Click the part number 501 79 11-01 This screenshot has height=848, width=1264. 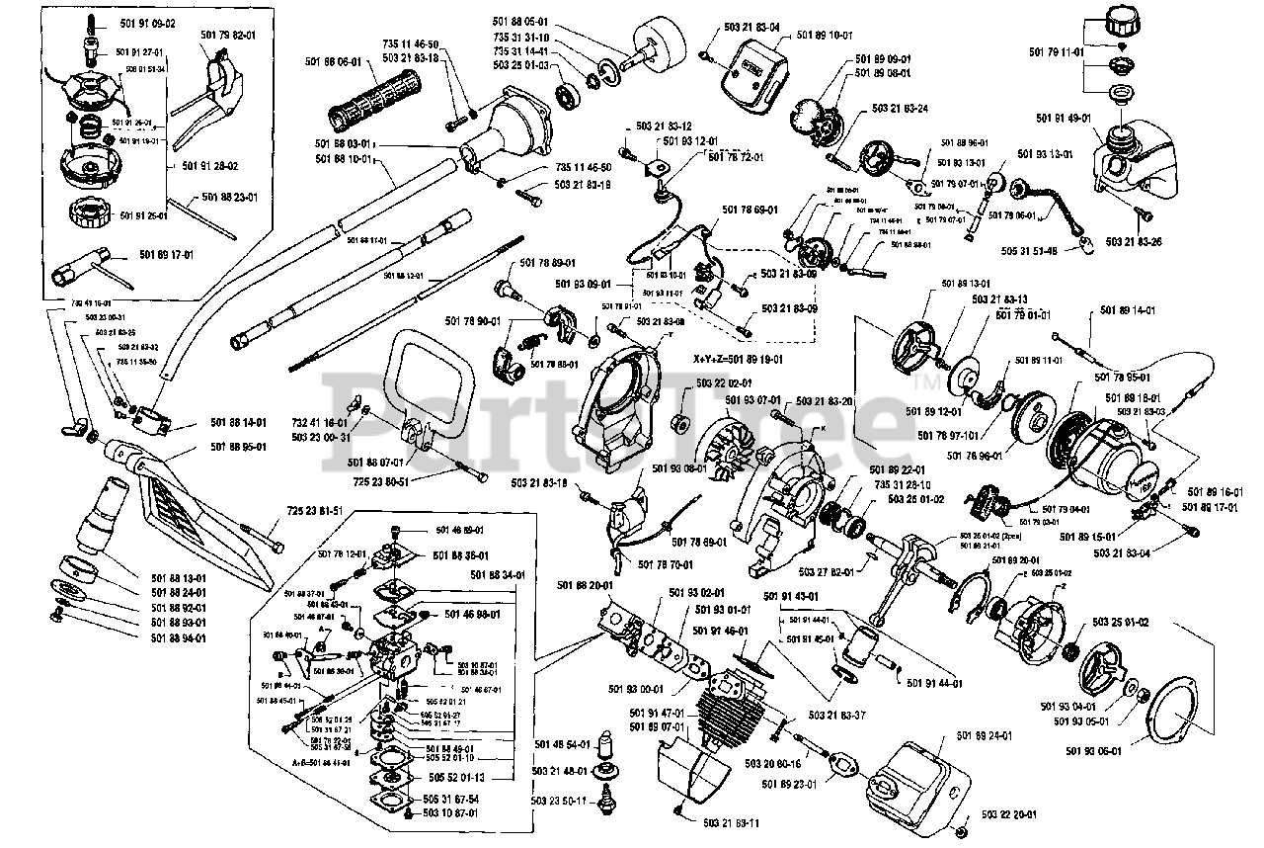1057,51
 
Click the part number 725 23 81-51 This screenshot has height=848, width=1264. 315,510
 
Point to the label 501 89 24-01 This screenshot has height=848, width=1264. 985,735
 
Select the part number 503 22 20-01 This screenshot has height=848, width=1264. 1009,815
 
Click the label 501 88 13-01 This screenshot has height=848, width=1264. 179,578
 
